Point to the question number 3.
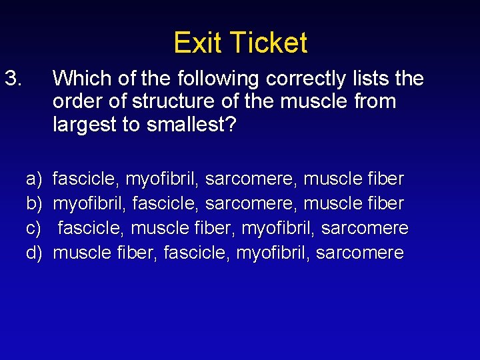click(x=14, y=79)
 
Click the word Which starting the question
click(x=79, y=79)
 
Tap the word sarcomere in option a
click(x=251, y=179)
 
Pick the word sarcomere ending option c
click(x=365, y=228)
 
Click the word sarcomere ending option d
click(x=359, y=253)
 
